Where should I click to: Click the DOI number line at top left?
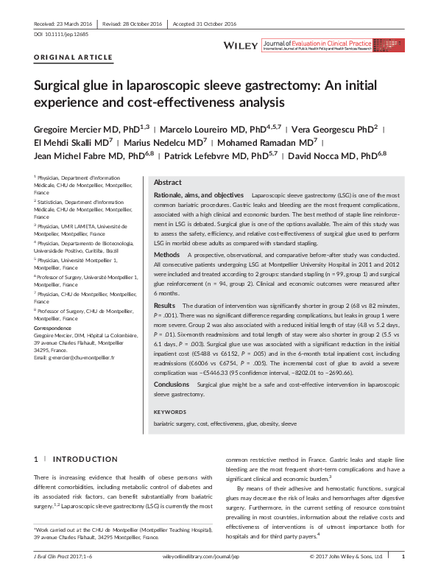coord(58,33)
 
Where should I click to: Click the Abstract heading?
coord(168,183)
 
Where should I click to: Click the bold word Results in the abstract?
coord(165,304)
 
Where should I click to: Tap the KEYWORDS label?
coord(170,411)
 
